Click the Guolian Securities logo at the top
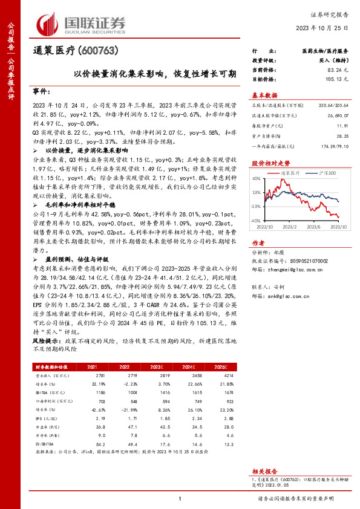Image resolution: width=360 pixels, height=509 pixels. point(82,22)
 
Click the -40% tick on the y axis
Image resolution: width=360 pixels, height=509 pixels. point(255,221)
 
